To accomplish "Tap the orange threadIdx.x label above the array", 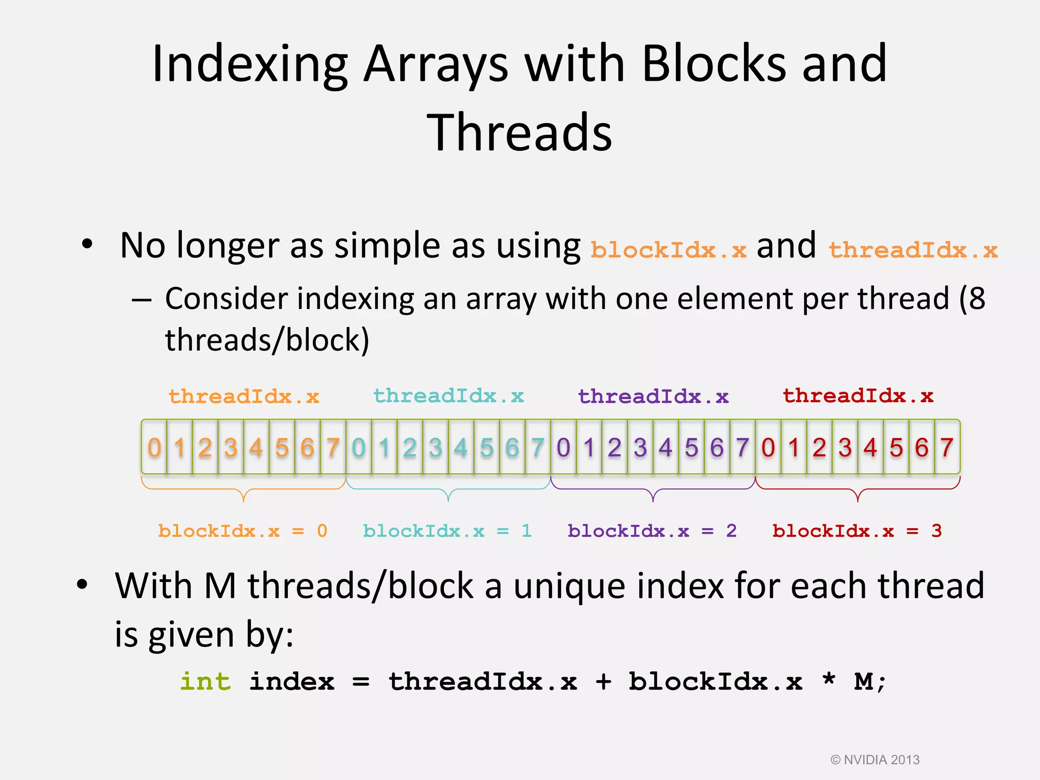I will click(244, 396).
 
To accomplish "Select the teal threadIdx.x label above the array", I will click(448, 396).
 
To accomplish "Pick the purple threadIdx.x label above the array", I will click(653, 396).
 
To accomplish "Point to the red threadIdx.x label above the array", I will click(858, 396).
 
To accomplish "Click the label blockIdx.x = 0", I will click(243, 531).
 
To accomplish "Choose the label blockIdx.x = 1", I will click(447, 531).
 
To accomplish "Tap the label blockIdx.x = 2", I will click(652, 531).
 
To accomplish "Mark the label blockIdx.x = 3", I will click(857, 531).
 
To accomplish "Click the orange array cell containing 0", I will click(154, 447).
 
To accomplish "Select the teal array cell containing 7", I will click(538, 447).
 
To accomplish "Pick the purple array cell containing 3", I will click(640, 447).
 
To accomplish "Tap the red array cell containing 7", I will click(947, 447).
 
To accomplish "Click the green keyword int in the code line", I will click(206, 681).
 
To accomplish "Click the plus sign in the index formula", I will click(603, 682).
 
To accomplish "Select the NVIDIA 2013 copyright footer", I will click(875, 760).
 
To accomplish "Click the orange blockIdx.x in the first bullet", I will click(668, 250).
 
